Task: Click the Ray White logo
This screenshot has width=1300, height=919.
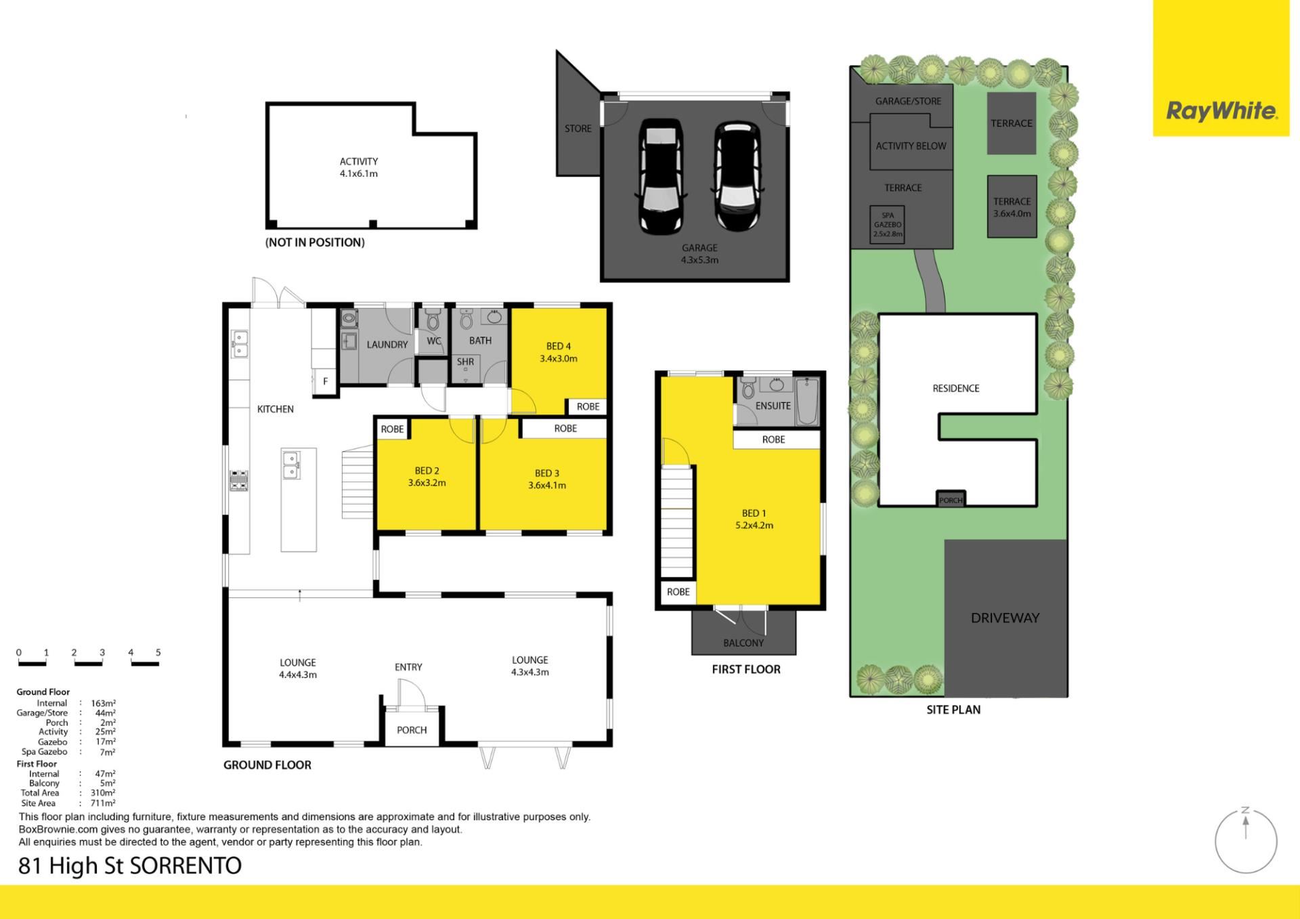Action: click(1221, 111)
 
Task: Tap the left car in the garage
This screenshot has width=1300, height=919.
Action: click(661, 177)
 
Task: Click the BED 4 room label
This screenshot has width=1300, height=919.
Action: click(559, 346)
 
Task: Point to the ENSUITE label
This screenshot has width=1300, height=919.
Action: click(773, 406)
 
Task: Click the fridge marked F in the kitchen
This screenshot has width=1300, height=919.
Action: click(325, 381)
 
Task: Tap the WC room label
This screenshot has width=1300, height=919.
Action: click(434, 341)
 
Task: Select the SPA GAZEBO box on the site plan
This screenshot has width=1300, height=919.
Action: click(887, 224)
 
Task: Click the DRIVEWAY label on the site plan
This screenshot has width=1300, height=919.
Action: click(1005, 618)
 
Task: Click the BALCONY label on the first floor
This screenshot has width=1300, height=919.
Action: click(743, 643)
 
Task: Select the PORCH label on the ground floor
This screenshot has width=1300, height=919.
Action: click(412, 730)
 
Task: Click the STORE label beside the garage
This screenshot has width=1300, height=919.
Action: click(578, 129)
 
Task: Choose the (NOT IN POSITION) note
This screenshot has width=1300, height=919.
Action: click(315, 242)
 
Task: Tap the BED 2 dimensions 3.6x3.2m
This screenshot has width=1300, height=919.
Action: click(427, 483)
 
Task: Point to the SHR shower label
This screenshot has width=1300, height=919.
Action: click(465, 362)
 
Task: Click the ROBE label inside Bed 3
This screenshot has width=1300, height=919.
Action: click(565, 429)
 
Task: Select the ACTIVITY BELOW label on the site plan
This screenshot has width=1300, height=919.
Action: click(911, 146)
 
